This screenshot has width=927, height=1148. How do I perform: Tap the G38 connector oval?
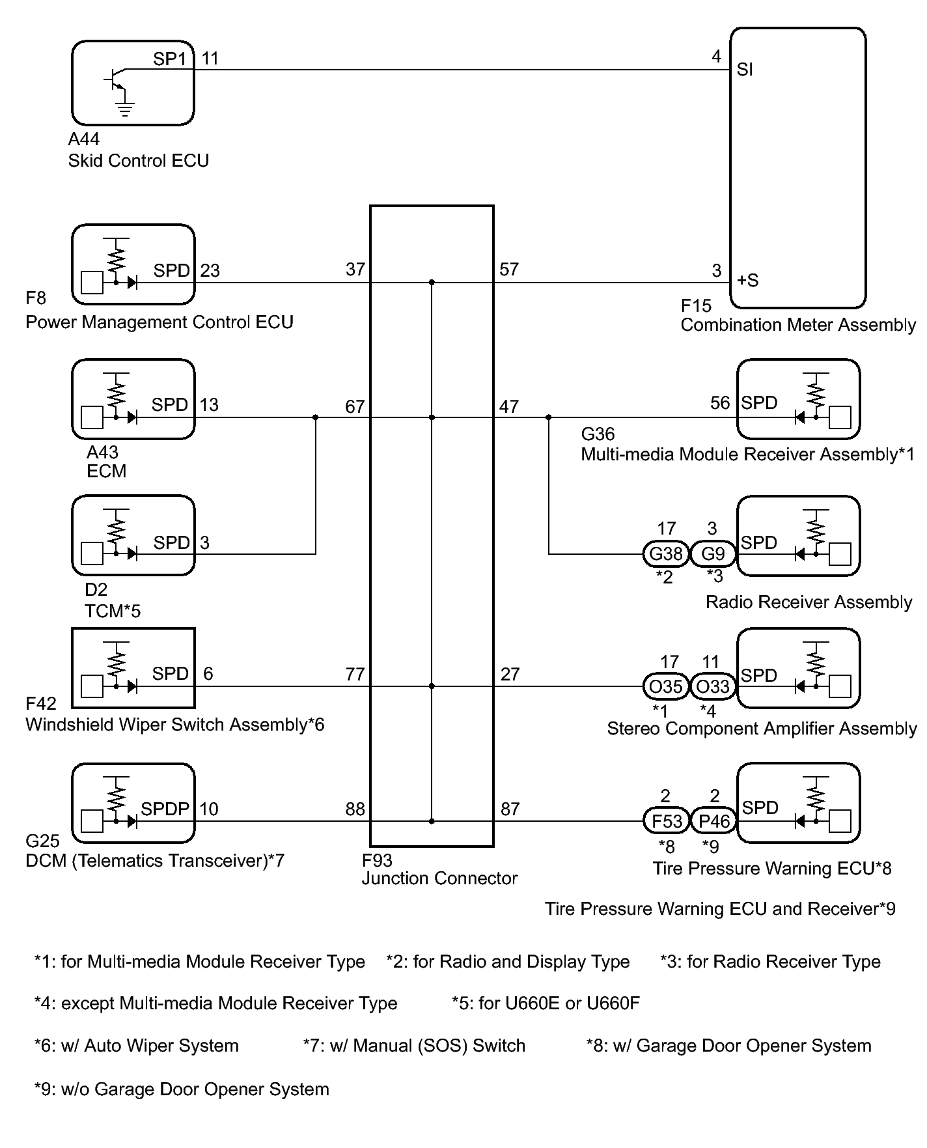click(666, 554)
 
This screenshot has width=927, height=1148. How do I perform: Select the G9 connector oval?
click(713, 554)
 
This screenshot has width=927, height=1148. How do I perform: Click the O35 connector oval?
click(666, 686)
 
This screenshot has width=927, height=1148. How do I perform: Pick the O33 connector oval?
click(713, 686)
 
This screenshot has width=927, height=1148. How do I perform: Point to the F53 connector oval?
click(666, 821)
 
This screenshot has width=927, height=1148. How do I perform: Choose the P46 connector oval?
click(713, 821)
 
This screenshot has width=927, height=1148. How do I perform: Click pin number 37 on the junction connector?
click(355, 269)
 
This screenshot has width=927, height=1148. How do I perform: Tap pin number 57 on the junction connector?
click(509, 269)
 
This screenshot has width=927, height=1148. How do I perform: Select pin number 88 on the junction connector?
click(355, 809)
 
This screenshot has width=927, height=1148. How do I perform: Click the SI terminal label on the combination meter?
click(745, 69)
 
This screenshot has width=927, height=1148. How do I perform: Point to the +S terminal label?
click(748, 281)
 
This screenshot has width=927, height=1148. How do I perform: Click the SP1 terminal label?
click(170, 59)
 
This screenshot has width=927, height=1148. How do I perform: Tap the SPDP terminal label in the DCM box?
click(165, 809)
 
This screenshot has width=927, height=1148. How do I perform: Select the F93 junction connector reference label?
click(378, 861)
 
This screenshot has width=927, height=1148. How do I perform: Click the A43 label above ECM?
click(102, 452)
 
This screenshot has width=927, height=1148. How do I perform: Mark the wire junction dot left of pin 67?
click(316, 417)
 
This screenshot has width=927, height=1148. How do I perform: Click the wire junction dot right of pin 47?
click(549, 417)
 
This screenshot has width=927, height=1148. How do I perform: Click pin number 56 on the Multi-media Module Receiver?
click(720, 402)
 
